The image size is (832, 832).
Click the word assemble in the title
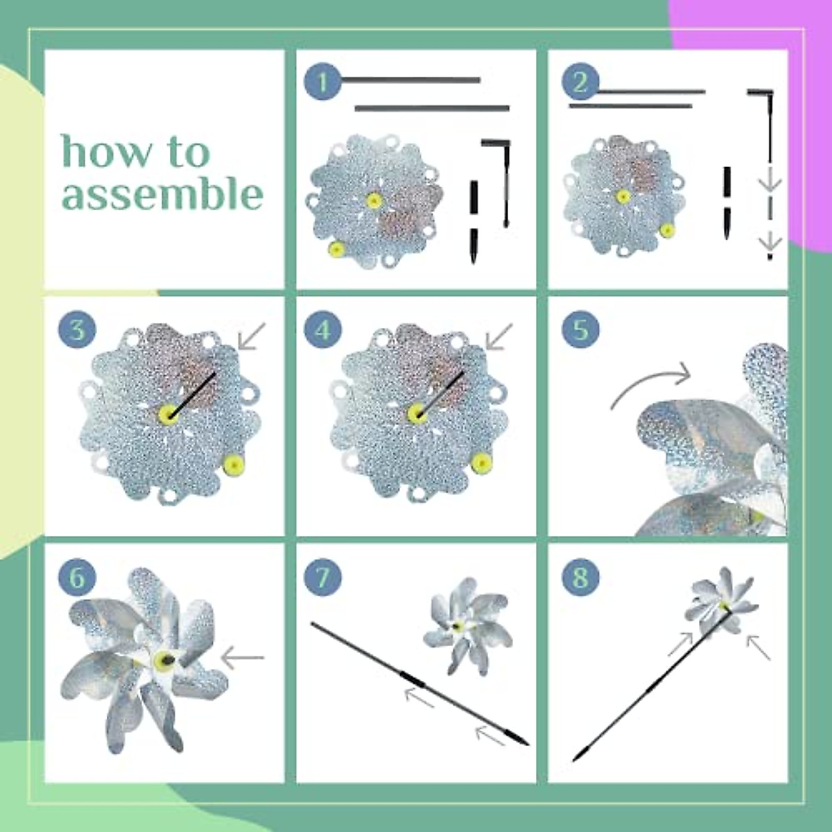(162, 193)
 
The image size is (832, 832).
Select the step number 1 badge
(322, 83)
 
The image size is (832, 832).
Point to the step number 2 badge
(580, 83)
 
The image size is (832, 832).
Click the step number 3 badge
(77, 329)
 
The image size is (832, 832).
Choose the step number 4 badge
(322, 329)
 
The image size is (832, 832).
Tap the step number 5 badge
(580, 329)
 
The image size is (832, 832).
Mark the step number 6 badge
(77, 577)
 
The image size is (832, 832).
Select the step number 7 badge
(322, 577)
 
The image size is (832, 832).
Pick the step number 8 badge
(580, 577)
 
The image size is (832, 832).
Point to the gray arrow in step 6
(242, 657)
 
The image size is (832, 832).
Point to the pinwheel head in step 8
(721, 600)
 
